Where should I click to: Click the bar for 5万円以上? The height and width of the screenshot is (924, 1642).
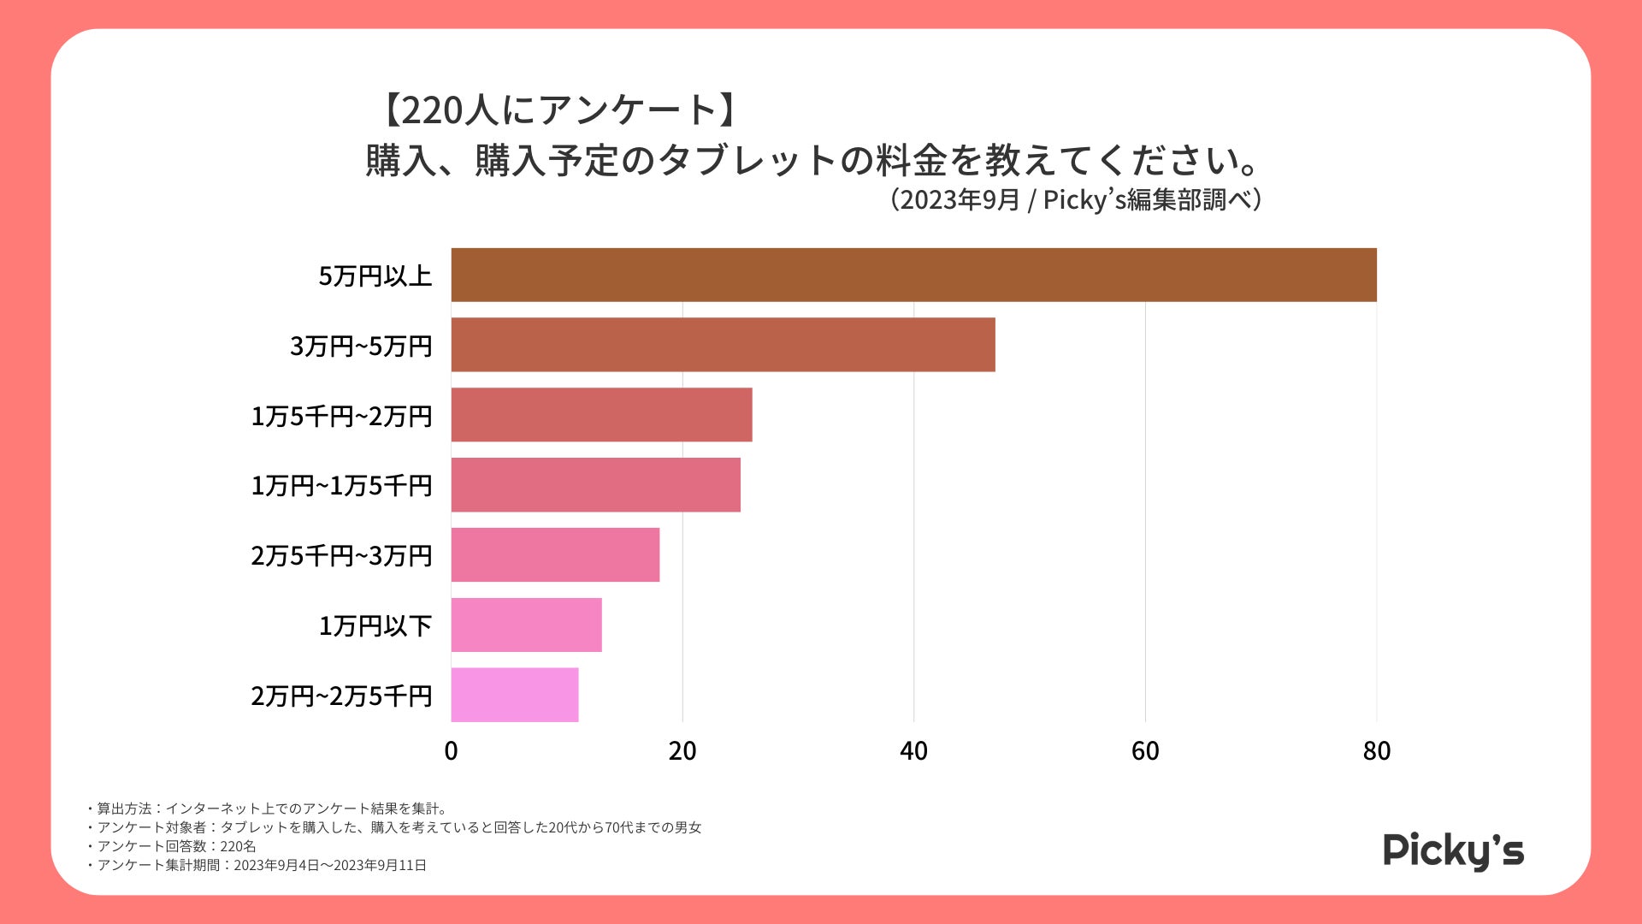pos(913,275)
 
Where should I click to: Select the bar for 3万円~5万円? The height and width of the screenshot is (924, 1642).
pos(723,345)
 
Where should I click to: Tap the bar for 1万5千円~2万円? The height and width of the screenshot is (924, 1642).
pos(601,415)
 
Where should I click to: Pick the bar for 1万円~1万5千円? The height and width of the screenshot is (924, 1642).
pos(595,485)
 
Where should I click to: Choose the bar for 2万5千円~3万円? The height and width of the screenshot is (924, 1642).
pos(555,555)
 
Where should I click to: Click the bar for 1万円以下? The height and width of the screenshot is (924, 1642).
pos(526,625)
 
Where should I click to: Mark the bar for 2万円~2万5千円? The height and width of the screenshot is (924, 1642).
pos(515,695)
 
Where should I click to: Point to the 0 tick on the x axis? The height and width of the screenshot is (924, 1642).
pos(451,751)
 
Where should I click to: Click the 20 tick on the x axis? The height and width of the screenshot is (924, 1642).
pos(682,751)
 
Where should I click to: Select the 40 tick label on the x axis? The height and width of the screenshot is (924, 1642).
pos(913,751)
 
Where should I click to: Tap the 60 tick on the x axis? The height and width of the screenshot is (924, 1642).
pos(1145,751)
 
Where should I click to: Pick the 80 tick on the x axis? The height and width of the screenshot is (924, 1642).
pos(1376,751)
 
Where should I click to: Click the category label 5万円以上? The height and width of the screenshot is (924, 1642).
pos(375,276)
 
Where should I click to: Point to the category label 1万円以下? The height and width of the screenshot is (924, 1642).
pos(375,626)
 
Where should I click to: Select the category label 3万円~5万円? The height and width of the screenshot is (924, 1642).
pos(361,346)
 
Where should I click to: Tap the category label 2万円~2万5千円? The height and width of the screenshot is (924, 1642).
pos(341,696)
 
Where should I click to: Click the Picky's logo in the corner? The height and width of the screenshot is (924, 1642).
pos(1453,851)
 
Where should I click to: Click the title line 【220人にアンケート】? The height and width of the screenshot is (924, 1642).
pos(559,110)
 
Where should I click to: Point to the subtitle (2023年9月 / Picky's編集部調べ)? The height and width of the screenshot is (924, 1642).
pos(1075,200)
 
